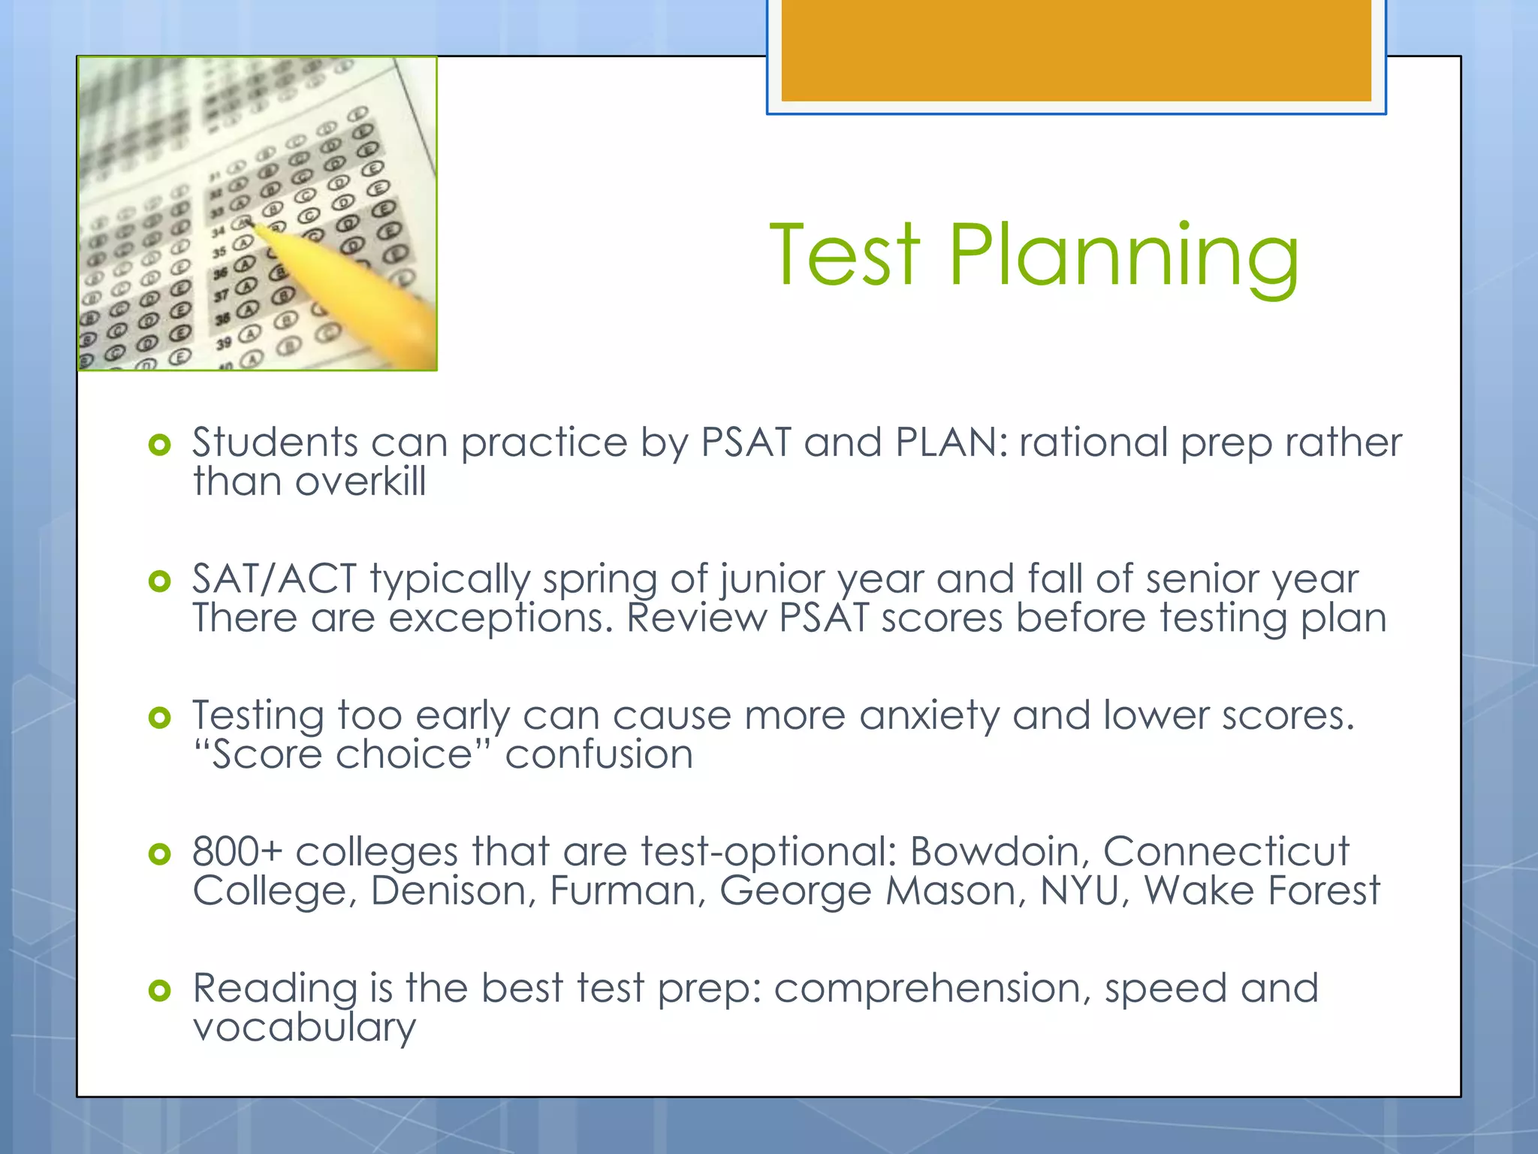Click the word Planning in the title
[1123, 259]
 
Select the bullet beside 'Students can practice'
[160, 445]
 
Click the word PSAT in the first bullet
[746, 442]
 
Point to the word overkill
[360, 482]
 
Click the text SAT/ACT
[274, 579]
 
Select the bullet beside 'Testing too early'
[160, 717]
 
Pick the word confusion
[599, 754]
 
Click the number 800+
[237, 852]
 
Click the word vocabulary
[304, 1028]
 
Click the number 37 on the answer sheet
[221, 296]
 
